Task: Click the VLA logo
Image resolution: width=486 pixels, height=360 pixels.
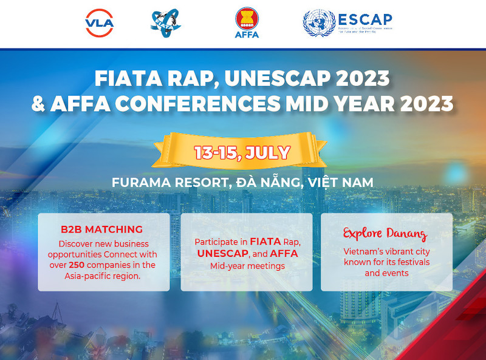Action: (100, 23)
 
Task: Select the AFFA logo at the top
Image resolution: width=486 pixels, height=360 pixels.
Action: (246, 23)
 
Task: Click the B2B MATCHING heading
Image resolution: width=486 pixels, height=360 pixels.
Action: (101, 229)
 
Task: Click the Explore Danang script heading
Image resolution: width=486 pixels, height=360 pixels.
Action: (385, 233)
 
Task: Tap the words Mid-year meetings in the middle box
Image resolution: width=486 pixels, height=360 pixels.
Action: (247, 266)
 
